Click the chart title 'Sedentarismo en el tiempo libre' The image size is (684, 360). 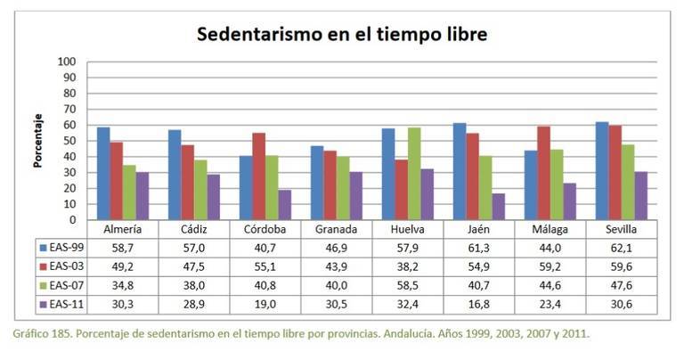click(x=342, y=36)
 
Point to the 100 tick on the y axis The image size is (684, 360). click(x=66, y=62)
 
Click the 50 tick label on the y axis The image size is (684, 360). click(x=69, y=141)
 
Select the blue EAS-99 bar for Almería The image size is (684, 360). click(x=103, y=174)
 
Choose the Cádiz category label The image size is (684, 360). click(x=192, y=228)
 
